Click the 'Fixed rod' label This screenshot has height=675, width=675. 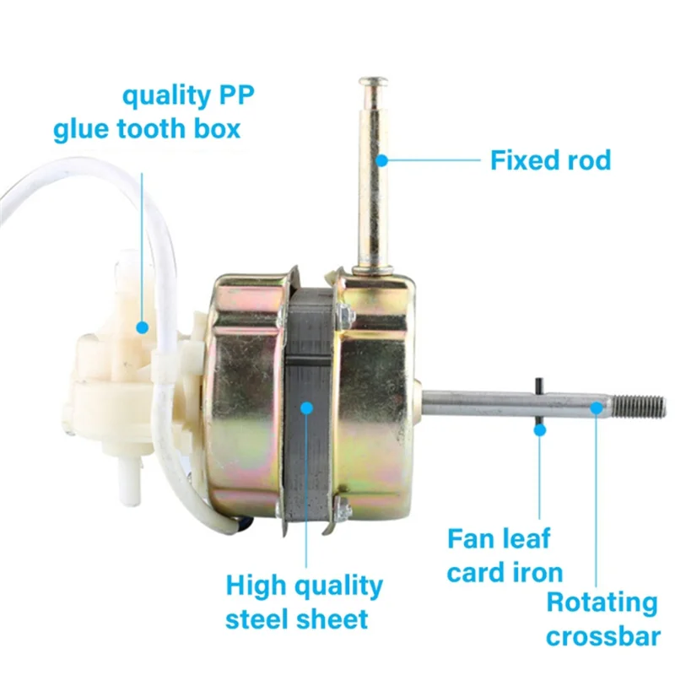[550, 159]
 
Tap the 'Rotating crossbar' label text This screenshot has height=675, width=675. [602, 618]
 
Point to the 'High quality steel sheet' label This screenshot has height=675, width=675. [304, 602]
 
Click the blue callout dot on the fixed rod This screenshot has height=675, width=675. [381, 159]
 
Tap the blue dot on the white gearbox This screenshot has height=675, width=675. [143, 326]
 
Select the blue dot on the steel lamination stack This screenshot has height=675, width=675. [306, 408]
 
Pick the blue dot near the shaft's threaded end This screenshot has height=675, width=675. [597, 408]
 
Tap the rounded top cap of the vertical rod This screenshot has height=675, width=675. [373, 84]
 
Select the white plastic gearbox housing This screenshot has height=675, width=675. [118, 380]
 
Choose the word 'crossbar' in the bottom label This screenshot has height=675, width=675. [602, 635]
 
